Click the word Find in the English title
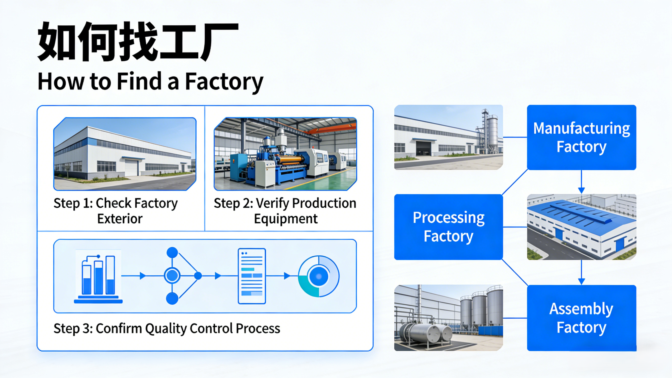tap(139, 82)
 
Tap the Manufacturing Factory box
tap(581, 137)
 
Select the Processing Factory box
tap(448, 227)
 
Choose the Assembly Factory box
tap(581, 318)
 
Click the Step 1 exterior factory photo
tap(125, 154)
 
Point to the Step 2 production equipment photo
tap(285, 154)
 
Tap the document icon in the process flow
tap(252, 276)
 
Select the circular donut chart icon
tap(319, 276)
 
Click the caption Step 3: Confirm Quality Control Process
tap(167, 329)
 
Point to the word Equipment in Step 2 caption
tap(286, 219)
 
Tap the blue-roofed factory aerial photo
tap(581, 227)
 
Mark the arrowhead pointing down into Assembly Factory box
tap(581, 281)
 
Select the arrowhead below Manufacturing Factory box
tap(581, 190)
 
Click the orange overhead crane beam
tap(331, 129)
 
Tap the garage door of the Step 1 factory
tap(131, 168)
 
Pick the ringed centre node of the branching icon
tap(172, 275)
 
